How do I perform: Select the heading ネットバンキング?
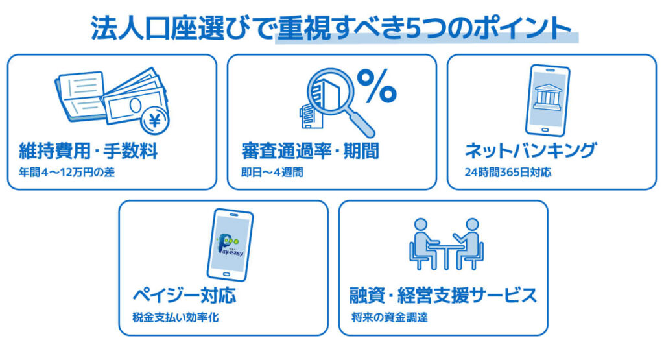530,152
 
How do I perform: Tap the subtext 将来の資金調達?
389,318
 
